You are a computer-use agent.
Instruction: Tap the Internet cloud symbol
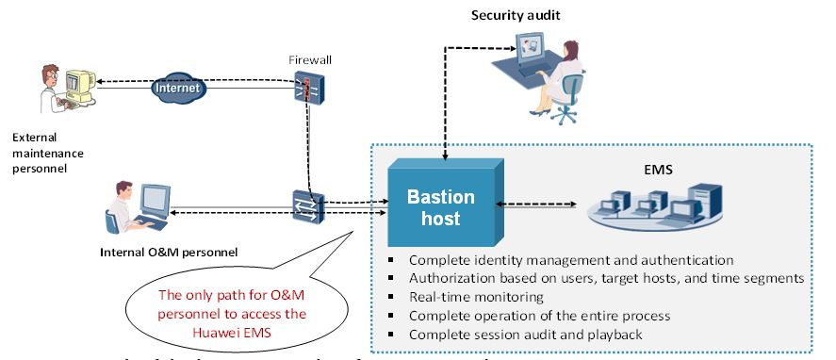[x=179, y=88]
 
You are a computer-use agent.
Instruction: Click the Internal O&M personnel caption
[x=169, y=252]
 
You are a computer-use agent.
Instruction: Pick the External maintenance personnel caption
[x=41, y=152]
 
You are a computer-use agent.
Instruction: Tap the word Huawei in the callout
[x=238, y=331]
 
